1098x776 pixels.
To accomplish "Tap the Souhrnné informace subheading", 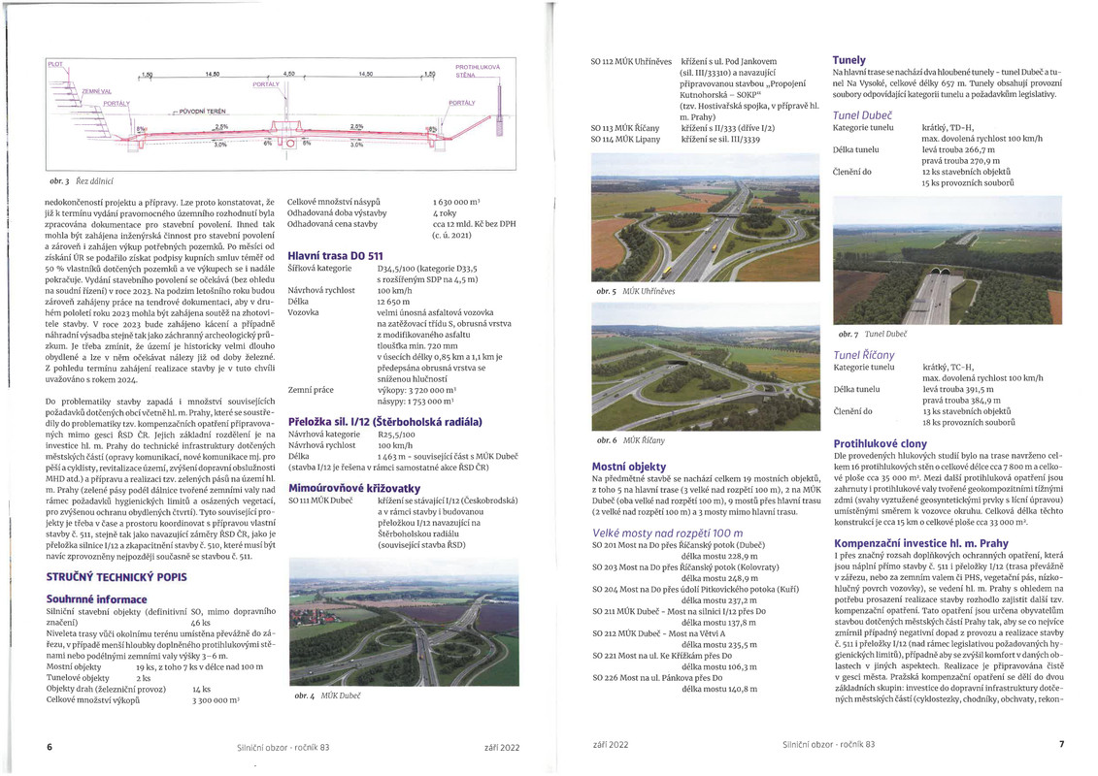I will click(x=96, y=599).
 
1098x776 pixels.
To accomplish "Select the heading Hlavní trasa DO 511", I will click(x=335, y=255).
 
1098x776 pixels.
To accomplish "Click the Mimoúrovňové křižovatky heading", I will click(x=354, y=485).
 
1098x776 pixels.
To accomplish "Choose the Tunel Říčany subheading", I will click(x=864, y=355).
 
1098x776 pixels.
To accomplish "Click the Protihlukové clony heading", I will click(x=879, y=443).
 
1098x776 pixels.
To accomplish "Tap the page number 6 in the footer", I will click(x=50, y=746).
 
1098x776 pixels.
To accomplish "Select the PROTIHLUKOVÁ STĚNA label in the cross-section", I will click(x=478, y=71).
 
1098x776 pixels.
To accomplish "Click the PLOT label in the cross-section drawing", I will click(x=55, y=64).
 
